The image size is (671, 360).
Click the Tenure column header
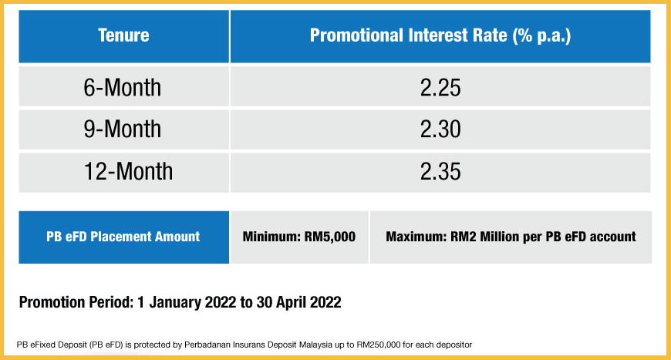123,35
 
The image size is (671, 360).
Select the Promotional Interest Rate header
440,36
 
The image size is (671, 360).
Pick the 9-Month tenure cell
123,129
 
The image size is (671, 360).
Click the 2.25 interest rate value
440,88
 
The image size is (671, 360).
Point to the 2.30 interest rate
440,129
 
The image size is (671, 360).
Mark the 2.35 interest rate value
440,172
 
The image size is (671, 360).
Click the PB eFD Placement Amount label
123,237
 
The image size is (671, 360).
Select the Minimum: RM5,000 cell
299,237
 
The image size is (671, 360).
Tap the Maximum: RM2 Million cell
511,237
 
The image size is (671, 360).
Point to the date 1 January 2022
187,302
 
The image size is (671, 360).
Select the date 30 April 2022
298,302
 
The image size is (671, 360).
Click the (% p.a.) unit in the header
541,36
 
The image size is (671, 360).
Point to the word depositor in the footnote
455,345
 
